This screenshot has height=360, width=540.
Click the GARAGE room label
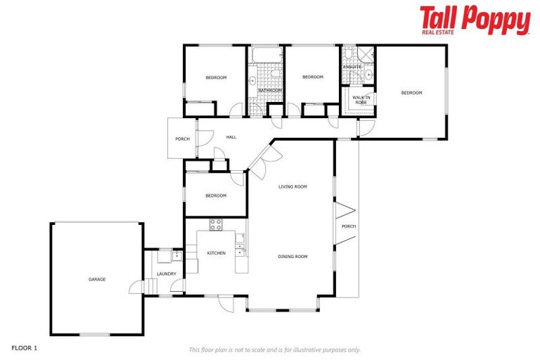97,279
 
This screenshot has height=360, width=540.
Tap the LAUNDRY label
167,274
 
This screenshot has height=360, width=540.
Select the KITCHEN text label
216,252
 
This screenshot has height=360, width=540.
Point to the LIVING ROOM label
293,186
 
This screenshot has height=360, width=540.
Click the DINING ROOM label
293,257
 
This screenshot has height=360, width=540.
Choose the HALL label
231,137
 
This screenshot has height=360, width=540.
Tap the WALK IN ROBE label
361,101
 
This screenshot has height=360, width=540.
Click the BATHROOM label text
269,90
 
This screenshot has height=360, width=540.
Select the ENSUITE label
352,67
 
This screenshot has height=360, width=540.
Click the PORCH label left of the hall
183,139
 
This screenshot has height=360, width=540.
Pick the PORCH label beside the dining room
349,226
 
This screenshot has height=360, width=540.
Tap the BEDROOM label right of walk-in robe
411,93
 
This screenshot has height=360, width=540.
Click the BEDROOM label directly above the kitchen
216,195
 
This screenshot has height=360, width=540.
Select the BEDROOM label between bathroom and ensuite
312,77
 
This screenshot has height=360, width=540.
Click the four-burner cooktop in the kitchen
216,225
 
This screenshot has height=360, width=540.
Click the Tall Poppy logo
475,20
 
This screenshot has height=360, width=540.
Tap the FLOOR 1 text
24,347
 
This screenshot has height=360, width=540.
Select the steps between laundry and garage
149,285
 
